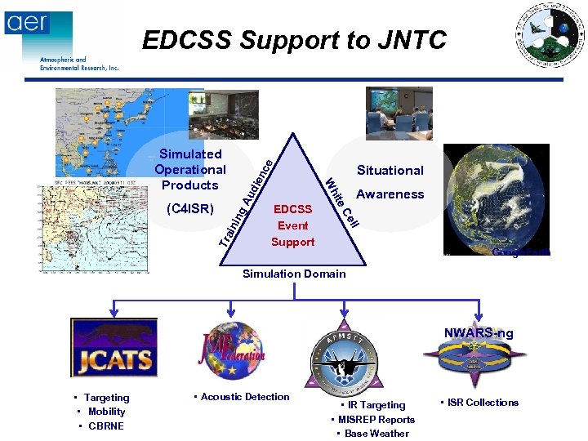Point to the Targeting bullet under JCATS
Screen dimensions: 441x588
[106, 398]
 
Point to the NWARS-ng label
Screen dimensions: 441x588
[479, 333]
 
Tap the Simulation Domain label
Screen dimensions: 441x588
[294, 274]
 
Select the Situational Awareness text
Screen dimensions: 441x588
[390, 182]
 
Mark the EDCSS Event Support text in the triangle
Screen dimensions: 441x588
[292, 225]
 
